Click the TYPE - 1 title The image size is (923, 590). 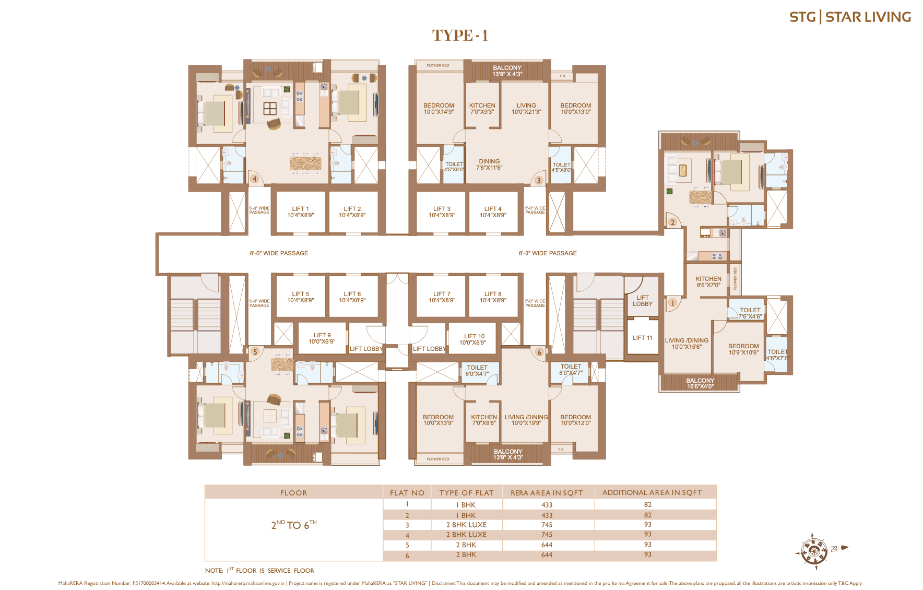point(460,35)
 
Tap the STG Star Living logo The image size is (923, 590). point(849,17)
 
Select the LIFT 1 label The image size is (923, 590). point(300,211)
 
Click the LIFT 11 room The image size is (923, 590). point(642,338)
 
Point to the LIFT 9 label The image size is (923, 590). point(322,338)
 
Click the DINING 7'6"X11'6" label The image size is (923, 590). point(489,164)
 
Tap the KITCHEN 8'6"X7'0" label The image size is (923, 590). point(708,282)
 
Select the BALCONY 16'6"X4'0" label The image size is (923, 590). point(700,383)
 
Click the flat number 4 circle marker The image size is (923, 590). point(254,179)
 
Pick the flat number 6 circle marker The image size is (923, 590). point(539,352)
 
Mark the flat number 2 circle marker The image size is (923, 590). point(672,222)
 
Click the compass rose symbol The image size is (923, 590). point(812,550)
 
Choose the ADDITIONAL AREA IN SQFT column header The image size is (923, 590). point(652,492)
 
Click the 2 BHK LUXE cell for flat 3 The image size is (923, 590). point(466,525)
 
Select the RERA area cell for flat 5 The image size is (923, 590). point(547,545)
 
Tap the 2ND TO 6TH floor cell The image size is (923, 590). point(293,525)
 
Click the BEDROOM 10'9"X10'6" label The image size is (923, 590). point(743,349)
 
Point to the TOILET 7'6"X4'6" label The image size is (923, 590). point(750,313)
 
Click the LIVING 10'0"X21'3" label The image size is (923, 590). point(526,108)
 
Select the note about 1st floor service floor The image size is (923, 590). point(259,570)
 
